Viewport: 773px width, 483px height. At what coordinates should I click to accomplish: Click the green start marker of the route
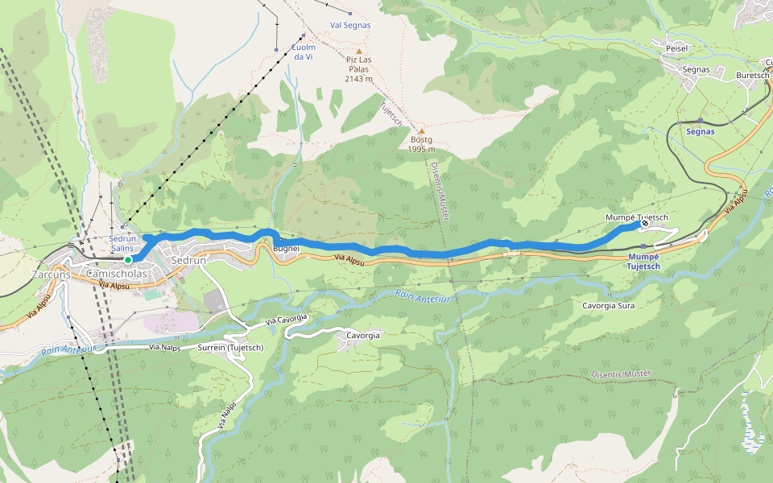(x=127, y=260)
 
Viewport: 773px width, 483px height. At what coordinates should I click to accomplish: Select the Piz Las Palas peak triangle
(x=359, y=52)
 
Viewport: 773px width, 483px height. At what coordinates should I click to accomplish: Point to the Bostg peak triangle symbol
(x=420, y=130)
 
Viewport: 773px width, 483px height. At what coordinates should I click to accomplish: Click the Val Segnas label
(x=350, y=25)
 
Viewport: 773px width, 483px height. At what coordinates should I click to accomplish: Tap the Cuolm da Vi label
(x=303, y=52)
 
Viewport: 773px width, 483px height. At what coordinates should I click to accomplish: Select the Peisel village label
(x=676, y=48)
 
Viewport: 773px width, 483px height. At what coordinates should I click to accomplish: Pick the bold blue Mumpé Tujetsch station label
(x=643, y=262)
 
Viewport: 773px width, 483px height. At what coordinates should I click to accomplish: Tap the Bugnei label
(x=287, y=249)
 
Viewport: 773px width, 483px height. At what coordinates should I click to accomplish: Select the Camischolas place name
(x=116, y=274)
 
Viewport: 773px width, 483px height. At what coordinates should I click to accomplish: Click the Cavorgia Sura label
(x=609, y=306)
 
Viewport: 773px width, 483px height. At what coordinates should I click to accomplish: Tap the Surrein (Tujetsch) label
(x=229, y=348)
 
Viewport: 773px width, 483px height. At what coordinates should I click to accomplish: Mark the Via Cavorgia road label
(x=287, y=320)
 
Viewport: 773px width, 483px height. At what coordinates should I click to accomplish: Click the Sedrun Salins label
(x=122, y=243)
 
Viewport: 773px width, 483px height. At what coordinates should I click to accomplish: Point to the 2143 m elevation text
(x=358, y=79)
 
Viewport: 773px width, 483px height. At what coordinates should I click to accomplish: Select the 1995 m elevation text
(x=420, y=149)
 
